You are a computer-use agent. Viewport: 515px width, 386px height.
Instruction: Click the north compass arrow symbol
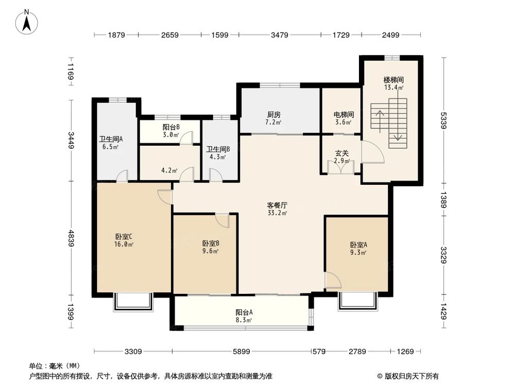point(27,21)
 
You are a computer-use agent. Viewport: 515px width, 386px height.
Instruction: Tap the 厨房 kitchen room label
point(274,115)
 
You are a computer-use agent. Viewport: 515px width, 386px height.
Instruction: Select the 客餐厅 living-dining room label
point(277,205)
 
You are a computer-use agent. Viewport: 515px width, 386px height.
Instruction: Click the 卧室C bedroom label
point(125,237)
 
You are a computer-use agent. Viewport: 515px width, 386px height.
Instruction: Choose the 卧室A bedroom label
point(358,245)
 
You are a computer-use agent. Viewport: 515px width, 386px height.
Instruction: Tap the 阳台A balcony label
point(244,312)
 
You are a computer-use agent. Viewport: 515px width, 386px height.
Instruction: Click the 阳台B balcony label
point(171,127)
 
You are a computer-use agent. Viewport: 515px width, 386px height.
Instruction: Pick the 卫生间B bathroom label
point(218,149)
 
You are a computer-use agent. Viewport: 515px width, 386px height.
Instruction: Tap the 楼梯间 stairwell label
point(392,80)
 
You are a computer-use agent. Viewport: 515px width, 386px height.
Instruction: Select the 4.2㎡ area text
point(169,170)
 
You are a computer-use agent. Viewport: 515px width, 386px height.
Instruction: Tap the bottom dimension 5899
point(241,352)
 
